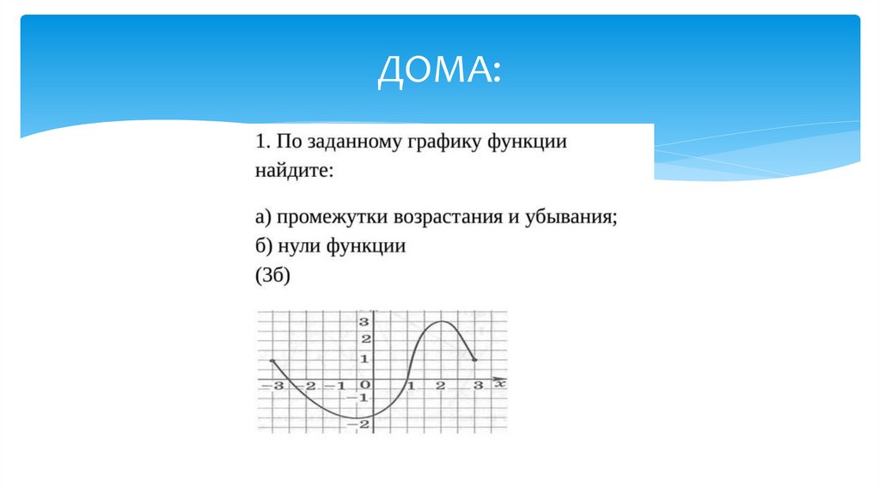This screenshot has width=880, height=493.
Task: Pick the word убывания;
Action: click(571, 216)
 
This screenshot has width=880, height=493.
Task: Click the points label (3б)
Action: click(274, 277)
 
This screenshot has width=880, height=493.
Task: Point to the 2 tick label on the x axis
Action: click(441, 386)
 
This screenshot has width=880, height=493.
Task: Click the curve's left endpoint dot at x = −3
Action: click(272, 361)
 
